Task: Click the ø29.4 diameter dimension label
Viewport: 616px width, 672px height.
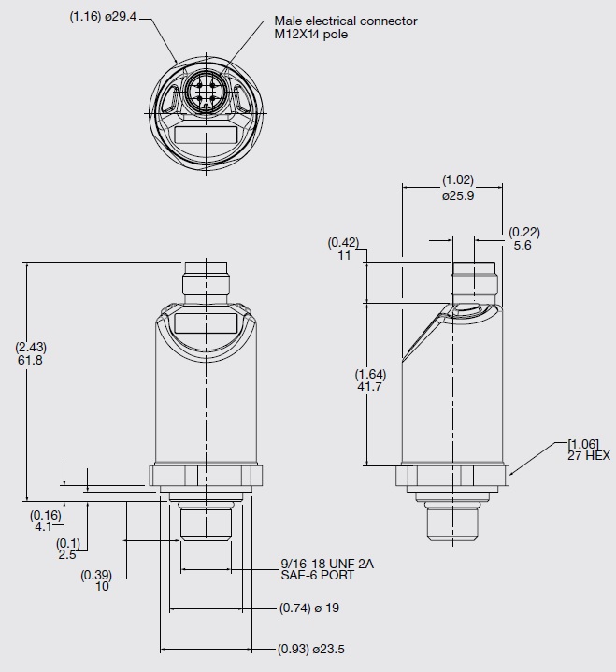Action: (121, 17)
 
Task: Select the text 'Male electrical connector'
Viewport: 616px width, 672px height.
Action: (346, 21)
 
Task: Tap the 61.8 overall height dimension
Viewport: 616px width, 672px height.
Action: (30, 360)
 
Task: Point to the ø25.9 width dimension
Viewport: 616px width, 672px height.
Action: (458, 196)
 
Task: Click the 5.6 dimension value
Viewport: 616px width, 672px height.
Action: (523, 245)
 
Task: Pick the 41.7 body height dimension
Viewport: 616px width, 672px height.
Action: (369, 387)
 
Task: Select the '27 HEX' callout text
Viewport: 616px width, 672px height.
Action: (589, 455)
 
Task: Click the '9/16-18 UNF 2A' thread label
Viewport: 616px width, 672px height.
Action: (327, 564)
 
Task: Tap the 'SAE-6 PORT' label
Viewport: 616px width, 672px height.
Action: (318, 575)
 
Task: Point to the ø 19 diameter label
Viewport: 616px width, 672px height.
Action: (327, 608)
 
